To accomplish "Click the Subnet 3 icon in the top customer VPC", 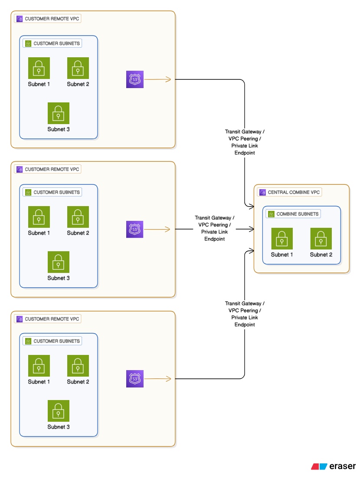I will [x=59, y=113].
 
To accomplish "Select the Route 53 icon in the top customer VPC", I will [x=134, y=79].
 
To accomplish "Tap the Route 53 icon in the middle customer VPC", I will [x=134, y=229].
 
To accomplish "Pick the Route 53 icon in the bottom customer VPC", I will [x=134, y=379].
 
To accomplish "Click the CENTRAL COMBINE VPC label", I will [x=290, y=192].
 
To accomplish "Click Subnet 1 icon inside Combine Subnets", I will [x=282, y=239].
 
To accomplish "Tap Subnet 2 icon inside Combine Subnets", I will [x=321, y=239].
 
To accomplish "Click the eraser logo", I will [x=333, y=466].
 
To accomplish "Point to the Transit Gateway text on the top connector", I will [x=245, y=131].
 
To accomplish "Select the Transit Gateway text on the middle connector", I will [x=215, y=218].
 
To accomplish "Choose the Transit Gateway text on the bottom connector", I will [x=245, y=303].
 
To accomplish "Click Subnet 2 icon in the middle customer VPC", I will [x=78, y=217].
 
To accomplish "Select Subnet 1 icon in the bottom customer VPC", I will [x=39, y=366].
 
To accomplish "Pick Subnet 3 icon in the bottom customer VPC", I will [x=59, y=411].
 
